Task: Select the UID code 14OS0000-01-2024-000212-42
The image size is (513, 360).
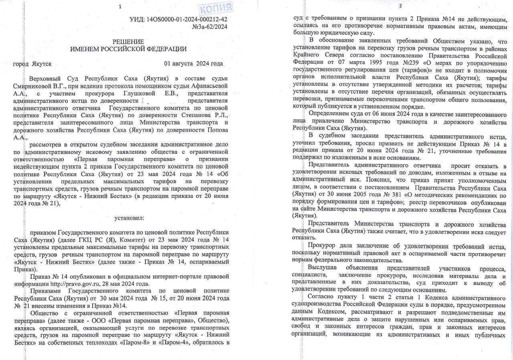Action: click(x=188, y=19)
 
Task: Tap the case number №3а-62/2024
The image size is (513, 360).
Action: click(x=210, y=27)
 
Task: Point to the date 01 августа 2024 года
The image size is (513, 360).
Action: click(x=193, y=64)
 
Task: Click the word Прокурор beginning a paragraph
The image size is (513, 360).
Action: click(x=320, y=245)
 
